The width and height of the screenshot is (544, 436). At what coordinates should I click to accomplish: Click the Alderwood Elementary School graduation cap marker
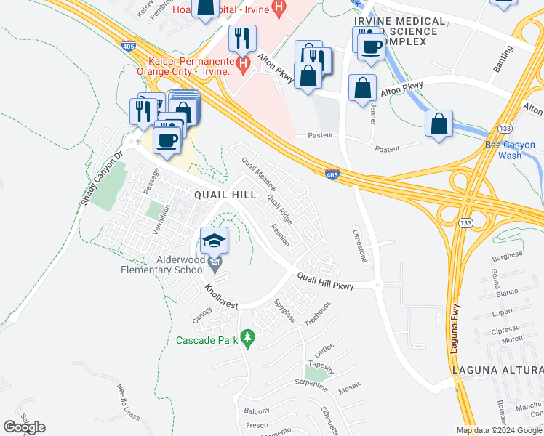[215, 241]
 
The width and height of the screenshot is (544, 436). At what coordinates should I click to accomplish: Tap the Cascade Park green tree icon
[247, 338]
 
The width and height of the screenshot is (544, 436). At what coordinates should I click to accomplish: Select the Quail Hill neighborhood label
[225, 195]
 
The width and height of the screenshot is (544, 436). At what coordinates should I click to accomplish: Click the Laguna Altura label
[497, 370]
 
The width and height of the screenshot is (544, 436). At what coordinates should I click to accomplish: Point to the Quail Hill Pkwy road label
[324, 280]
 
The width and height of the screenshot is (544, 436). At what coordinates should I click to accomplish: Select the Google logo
[24, 427]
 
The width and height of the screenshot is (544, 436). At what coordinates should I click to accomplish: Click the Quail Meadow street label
[260, 173]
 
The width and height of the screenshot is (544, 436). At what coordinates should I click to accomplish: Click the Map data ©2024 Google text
[499, 430]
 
